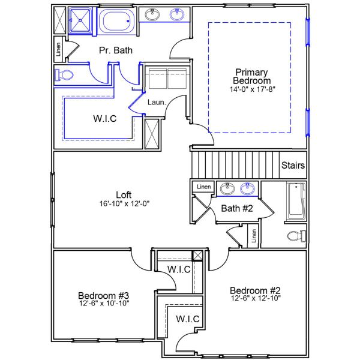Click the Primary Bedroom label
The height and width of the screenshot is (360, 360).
click(253, 76)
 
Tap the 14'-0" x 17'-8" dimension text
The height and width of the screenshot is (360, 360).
click(253, 89)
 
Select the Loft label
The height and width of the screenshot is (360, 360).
click(124, 194)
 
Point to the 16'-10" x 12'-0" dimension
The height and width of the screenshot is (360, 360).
click(124, 203)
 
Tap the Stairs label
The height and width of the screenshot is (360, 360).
click(293, 165)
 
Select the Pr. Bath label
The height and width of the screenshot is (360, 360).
click(116, 50)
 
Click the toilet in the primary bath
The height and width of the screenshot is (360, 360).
click(63, 75)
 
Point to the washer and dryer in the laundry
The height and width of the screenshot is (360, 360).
click(167, 78)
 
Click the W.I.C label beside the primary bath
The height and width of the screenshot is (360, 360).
click(104, 119)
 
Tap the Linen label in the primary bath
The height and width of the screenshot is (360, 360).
click(58, 49)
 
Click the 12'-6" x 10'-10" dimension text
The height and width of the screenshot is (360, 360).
click(104, 303)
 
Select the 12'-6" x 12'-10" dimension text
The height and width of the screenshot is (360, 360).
click(255, 298)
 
